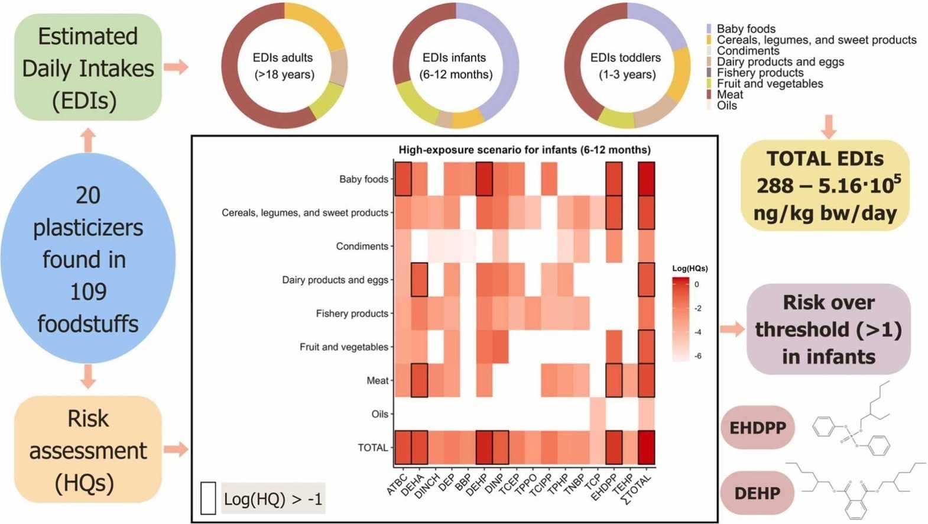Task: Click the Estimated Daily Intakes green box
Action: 87,67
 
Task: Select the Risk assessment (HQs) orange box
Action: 87,450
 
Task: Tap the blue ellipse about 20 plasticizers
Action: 87,259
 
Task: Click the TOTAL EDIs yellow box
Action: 825,185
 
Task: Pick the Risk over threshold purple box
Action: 828,329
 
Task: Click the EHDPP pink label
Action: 757,428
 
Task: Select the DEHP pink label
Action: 757,493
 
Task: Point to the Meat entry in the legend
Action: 729,95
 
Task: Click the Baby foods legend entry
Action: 745,28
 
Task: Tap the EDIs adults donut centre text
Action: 284,66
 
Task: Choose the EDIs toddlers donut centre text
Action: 626,66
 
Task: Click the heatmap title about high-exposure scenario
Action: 524,150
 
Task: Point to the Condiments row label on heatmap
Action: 362,246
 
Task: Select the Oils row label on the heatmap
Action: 379,414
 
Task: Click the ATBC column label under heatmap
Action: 397,483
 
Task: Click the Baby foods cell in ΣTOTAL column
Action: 646,179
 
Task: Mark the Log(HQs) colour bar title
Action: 690,268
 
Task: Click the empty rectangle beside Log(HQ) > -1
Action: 208,498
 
